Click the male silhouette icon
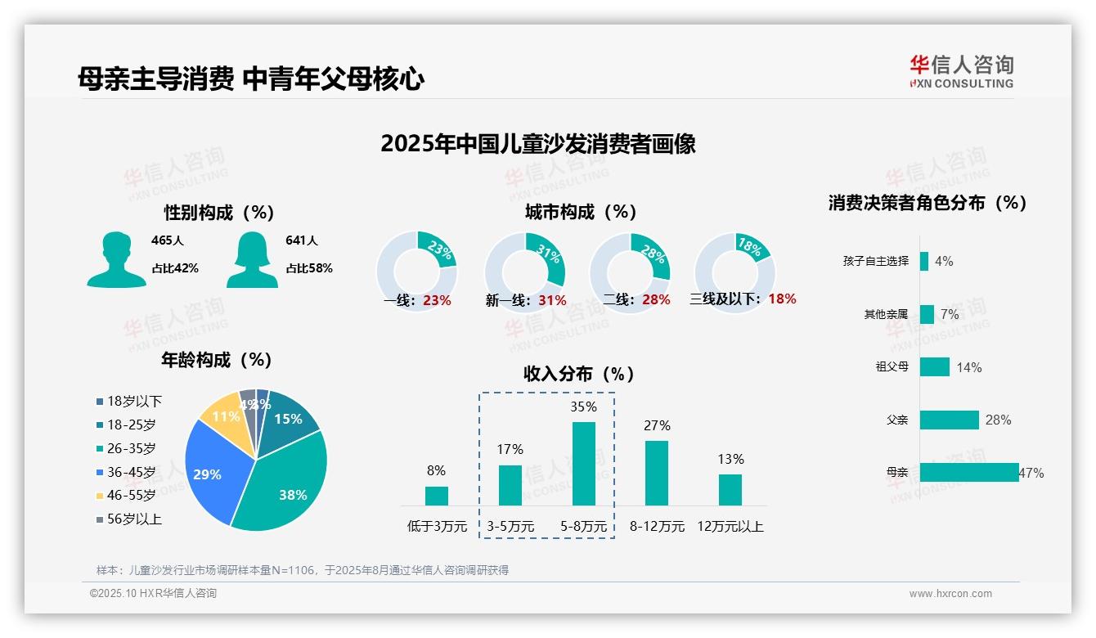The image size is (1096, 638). click(x=116, y=259)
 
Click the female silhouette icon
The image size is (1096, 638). click(x=252, y=259)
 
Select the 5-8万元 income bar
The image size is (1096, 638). click(x=584, y=463)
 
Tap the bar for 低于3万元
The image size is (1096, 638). click(x=437, y=496)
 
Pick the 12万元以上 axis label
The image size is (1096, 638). click(x=730, y=527)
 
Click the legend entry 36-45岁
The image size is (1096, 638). click(x=131, y=472)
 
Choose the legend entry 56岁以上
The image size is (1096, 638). click(x=134, y=519)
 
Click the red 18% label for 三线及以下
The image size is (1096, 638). click(x=782, y=299)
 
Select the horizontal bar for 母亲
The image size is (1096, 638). click(x=969, y=472)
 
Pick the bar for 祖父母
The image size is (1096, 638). click(x=934, y=366)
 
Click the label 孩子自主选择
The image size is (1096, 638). click(x=875, y=261)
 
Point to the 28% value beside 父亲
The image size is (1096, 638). click(x=998, y=420)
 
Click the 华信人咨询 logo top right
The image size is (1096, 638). click(x=961, y=71)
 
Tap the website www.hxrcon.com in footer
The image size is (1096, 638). click(x=950, y=594)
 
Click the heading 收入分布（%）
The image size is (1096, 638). click(x=579, y=374)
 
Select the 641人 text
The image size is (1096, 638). click(x=302, y=240)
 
